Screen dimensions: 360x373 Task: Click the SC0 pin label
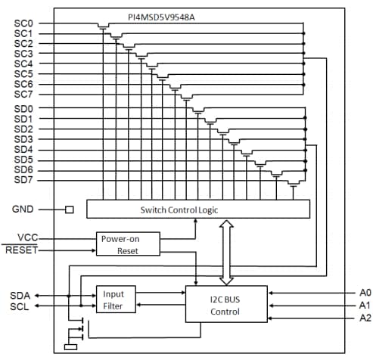(x=23, y=23)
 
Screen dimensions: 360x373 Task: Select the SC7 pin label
(x=23, y=95)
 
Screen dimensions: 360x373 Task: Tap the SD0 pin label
(x=23, y=109)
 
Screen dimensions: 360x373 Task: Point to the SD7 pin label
(x=23, y=180)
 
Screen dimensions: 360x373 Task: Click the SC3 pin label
(x=23, y=54)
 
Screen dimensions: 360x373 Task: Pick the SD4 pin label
(x=23, y=150)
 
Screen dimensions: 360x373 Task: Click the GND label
(x=23, y=209)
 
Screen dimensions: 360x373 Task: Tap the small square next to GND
(x=70, y=209)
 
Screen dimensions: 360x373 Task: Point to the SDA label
(x=21, y=295)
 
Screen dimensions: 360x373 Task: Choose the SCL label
(x=21, y=306)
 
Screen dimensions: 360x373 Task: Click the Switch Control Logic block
(x=198, y=209)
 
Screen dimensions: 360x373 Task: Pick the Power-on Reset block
(x=128, y=244)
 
